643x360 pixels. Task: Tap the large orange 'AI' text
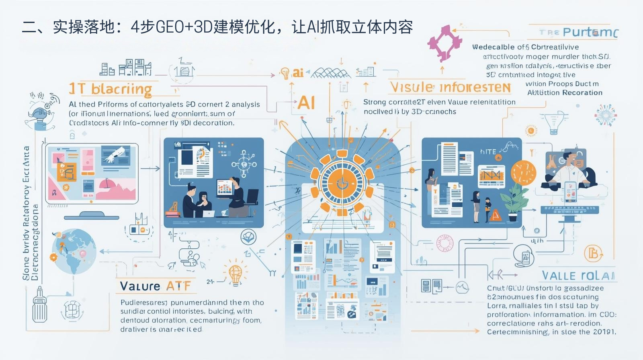pyautogui.click(x=306, y=103)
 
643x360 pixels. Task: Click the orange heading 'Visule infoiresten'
pyautogui.click(x=450, y=87)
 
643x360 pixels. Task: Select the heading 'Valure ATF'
pyautogui.click(x=155, y=286)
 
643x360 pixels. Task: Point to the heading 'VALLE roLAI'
pyautogui.click(x=578, y=276)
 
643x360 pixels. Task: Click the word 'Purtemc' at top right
pyautogui.click(x=590, y=32)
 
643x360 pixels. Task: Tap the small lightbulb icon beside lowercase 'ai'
pyautogui.click(x=285, y=73)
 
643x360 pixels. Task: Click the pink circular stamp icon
pyautogui.click(x=445, y=243)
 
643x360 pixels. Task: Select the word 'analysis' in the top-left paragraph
pyautogui.click(x=246, y=104)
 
